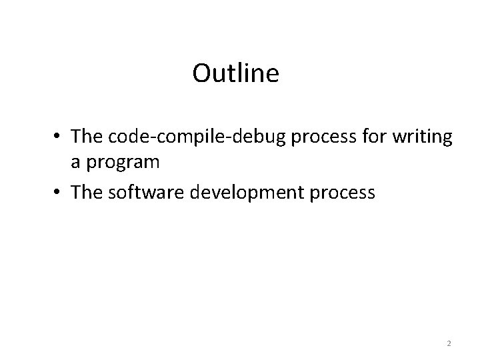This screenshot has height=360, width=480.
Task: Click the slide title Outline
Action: click(235, 73)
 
